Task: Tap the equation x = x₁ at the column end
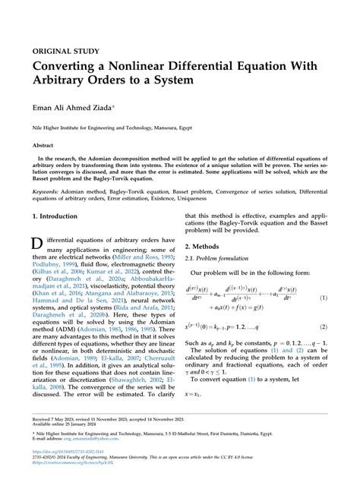(196, 395)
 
